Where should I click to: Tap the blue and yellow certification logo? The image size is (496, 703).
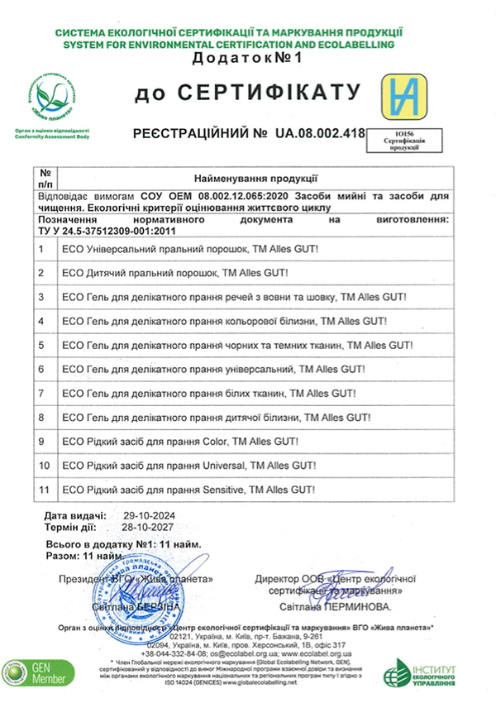405,97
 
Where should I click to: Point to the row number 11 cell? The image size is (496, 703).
43,491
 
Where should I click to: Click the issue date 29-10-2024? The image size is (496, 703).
144,515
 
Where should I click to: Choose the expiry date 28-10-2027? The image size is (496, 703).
144,526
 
